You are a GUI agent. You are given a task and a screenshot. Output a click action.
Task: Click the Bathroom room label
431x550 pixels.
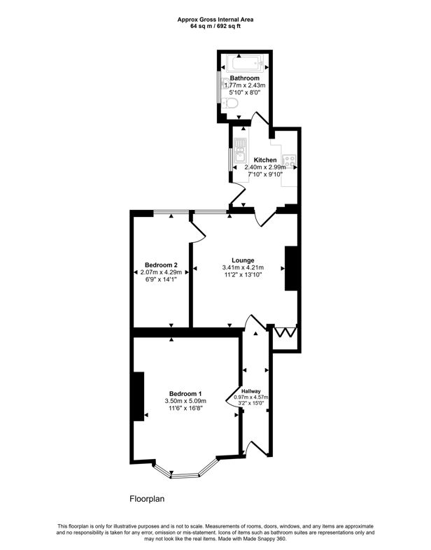click(246, 78)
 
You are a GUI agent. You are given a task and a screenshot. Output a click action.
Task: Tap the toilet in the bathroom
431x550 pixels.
click(233, 104)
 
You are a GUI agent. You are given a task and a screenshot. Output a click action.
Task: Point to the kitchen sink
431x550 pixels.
click(239, 149)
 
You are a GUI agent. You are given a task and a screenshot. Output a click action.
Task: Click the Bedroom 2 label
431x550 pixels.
click(161, 265)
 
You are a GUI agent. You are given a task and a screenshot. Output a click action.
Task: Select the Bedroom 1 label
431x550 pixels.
click(185, 393)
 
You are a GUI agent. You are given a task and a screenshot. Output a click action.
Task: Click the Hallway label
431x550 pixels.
click(251, 390)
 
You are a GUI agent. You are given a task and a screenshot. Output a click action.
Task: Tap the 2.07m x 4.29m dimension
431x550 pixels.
click(161, 272)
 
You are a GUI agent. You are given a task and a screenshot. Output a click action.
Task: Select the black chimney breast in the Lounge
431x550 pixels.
click(291, 268)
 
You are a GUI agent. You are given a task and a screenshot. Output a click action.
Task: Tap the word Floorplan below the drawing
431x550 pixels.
click(146, 499)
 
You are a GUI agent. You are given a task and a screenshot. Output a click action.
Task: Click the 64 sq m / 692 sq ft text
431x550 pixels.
click(215, 26)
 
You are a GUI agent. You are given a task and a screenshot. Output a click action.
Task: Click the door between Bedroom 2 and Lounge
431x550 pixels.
click(197, 230)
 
